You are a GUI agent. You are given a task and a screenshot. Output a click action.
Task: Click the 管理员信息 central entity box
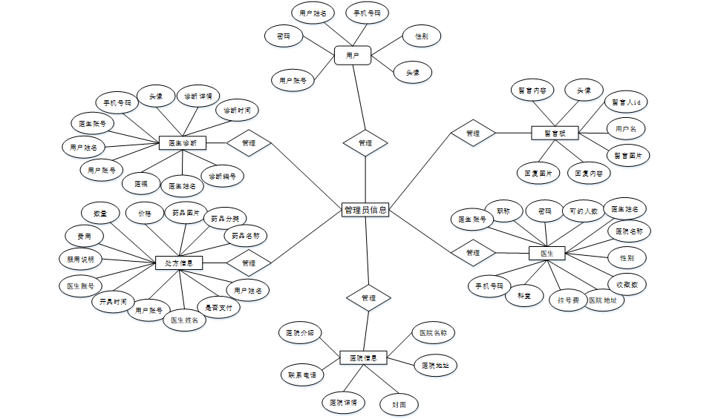pos(365,210)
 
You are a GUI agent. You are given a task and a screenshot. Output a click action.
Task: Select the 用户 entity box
pos(353,55)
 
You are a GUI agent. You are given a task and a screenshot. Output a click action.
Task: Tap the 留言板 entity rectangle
pos(555,133)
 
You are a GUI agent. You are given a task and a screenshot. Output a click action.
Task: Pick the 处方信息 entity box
pos(179,263)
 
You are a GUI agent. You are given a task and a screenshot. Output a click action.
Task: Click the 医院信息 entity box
pos(363,358)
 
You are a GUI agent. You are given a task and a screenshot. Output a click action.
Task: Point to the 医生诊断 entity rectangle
pos(183,142)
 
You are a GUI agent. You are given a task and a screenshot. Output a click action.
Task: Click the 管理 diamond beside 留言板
pos(473,133)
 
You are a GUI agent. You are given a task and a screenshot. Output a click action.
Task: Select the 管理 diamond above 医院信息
pos(368,297)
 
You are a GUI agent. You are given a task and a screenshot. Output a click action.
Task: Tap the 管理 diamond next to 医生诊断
pos(249,142)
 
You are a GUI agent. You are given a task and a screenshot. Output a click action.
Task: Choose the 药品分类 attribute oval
pos(225,219)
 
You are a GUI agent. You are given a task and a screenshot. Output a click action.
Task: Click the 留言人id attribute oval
pos(626,102)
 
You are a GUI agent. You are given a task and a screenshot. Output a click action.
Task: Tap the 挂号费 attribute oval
pos(568,300)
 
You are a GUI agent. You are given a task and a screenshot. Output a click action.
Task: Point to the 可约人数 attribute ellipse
pos(584,211)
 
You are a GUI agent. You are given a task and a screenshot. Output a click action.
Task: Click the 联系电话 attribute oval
pos(302,375)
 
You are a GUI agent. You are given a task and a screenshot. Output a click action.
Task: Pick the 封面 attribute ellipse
pos(399,404)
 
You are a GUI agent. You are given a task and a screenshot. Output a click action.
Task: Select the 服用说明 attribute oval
pos(81,260)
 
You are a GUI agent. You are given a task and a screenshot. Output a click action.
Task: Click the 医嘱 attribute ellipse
pos(141,182)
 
